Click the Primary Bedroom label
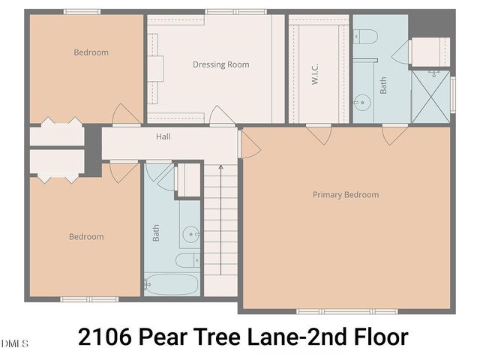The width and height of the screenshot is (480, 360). (345, 195)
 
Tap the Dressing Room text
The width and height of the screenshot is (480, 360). (220, 64)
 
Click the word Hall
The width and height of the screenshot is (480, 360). (163, 137)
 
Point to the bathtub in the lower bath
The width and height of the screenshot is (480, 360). (171, 285)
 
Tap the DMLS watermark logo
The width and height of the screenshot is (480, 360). (14, 344)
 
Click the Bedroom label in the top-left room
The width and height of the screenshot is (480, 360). (91, 52)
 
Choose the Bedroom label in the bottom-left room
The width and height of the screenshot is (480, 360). (86, 237)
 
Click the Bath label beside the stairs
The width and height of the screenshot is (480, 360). (157, 234)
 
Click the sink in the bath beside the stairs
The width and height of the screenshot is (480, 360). (193, 235)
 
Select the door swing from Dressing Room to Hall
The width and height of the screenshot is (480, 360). (220, 115)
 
